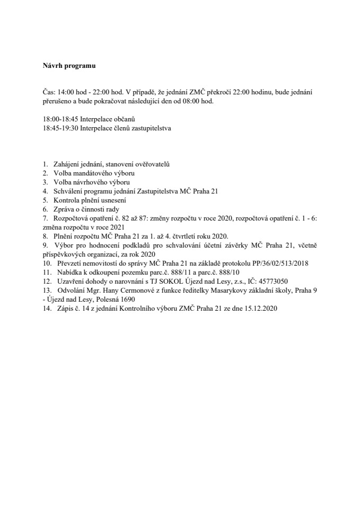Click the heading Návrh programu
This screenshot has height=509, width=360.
click(69, 66)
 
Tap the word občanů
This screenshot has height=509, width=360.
click(125, 120)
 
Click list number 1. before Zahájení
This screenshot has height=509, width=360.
click(46, 165)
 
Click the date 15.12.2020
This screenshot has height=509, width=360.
click(259, 308)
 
